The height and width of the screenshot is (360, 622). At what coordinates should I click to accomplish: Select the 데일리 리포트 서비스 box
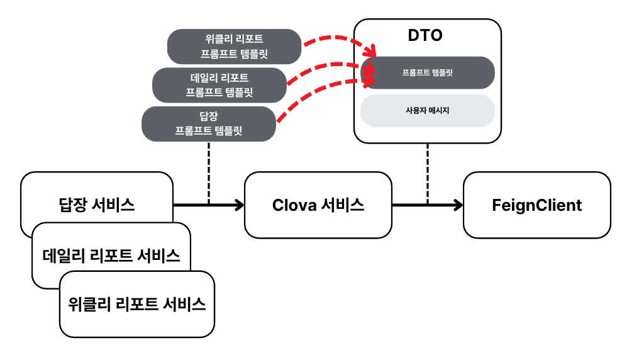point(111,255)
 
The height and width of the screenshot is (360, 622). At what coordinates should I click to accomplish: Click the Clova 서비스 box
point(318,205)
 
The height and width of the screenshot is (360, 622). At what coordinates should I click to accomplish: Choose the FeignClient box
point(536,205)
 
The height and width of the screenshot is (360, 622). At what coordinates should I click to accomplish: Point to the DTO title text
point(426,35)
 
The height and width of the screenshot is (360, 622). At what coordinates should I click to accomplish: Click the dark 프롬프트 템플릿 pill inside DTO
point(427,72)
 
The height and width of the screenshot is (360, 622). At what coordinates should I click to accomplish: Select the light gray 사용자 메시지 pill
point(427,111)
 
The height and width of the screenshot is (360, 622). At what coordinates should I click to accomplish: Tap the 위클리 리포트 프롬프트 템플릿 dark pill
point(233,47)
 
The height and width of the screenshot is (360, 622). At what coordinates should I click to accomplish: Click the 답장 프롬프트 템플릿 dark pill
point(209,123)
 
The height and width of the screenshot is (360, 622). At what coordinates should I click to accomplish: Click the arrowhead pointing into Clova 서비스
point(239,205)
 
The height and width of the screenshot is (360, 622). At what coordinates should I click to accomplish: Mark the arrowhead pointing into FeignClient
point(458,205)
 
